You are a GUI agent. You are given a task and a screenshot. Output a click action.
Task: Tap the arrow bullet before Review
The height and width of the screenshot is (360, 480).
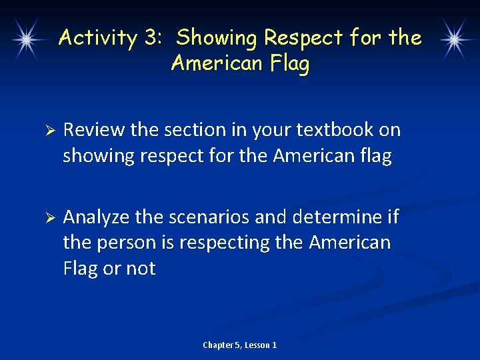point(47,131)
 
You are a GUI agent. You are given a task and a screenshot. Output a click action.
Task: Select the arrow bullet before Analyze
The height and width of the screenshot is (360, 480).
point(47,218)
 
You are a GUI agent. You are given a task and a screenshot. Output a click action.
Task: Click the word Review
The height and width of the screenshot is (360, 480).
point(94,130)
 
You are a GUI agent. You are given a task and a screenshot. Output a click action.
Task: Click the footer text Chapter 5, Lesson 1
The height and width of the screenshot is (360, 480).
point(240,345)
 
